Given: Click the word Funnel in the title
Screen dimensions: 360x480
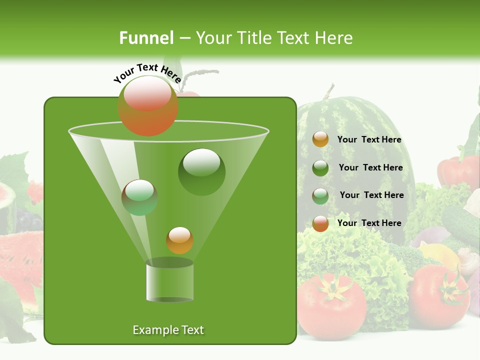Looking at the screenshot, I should click(x=146, y=38).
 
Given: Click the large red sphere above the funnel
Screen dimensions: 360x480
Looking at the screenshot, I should click(x=148, y=106).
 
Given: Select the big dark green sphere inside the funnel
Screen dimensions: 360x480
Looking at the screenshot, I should click(x=201, y=172).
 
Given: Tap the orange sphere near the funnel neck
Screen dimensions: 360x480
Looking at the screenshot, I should click(x=179, y=240).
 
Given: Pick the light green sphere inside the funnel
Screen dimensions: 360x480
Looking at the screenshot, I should click(x=139, y=197).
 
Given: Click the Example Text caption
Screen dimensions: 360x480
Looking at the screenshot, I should click(x=168, y=330).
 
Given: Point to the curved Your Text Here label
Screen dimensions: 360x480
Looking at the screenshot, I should click(x=147, y=73).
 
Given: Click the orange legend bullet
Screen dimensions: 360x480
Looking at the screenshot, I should click(x=320, y=139).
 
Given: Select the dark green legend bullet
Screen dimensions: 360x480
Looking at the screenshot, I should click(x=320, y=168).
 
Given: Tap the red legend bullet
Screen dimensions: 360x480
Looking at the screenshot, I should click(x=320, y=223).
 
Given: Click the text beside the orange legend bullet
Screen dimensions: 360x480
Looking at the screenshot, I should click(x=369, y=140).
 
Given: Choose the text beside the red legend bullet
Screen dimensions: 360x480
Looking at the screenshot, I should click(x=369, y=223).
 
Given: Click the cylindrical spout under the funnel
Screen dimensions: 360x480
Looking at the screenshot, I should click(x=169, y=281).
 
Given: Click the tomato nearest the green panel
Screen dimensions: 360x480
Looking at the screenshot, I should click(x=331, y=305).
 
